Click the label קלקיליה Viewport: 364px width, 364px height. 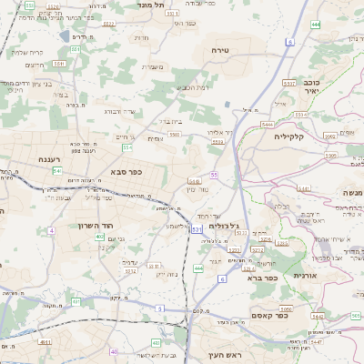[293, 136]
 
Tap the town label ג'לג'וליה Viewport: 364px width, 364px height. [223, 225]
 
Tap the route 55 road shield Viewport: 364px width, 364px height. [214, 174]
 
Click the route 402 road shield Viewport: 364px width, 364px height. [98, 237]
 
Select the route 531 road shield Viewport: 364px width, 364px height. [197, 229]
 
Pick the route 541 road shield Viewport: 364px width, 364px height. [56, 170]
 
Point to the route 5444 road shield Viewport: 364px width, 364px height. [267, 124]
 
